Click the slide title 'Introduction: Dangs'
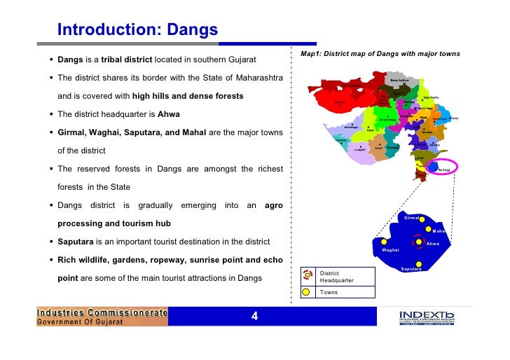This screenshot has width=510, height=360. point(137,30)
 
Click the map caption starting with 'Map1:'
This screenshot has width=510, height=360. point(379,54)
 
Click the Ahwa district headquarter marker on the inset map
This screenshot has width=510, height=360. point(419,242)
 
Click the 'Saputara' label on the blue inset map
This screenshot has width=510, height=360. point(411,269)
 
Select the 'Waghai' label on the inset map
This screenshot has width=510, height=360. point(390,250)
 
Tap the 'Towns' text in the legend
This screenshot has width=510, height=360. point(329,292)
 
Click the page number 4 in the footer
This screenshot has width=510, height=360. point(255,317)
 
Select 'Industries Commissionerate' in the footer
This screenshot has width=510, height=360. point(102,312)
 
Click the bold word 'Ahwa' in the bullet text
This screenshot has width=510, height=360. point(169,113)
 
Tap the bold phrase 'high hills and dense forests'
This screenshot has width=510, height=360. point(188,95)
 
